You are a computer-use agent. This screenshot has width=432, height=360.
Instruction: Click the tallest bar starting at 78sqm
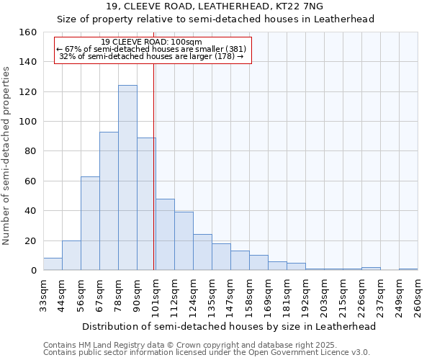coord(127,178)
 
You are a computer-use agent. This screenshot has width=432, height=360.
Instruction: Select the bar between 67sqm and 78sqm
coord(109,201)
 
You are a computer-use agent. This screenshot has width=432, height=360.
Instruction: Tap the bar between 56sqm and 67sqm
coord(90,223)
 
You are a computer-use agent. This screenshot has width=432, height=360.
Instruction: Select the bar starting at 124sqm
coord(202,252)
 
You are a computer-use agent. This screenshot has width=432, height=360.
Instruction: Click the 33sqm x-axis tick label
coord(43,294)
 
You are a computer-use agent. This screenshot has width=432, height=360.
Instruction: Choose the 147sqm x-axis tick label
coord(230,294)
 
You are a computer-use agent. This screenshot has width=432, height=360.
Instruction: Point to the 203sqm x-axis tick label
coord(324,294)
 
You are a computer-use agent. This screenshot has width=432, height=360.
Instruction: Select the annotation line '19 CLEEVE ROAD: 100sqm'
coord(152,42)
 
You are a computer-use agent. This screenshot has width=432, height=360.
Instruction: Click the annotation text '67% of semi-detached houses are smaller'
coord(151,49)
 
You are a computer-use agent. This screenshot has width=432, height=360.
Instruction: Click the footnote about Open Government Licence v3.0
coord(207,352)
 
